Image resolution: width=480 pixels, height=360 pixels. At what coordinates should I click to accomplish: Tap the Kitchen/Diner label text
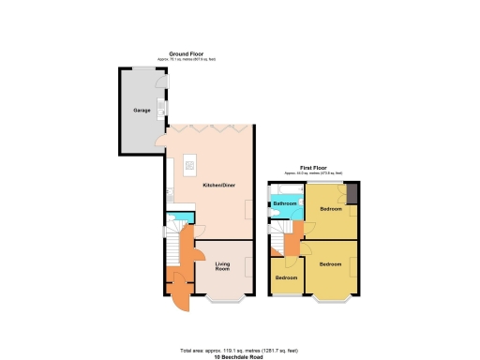click(218, 186)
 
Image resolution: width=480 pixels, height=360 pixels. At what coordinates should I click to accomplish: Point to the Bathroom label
click(285, 203)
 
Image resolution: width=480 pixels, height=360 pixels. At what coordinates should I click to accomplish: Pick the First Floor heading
click(314, 168)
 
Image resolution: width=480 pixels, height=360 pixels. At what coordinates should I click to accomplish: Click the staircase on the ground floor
click(172, 252)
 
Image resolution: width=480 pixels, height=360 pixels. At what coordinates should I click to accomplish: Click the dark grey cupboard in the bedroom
click(352, 192)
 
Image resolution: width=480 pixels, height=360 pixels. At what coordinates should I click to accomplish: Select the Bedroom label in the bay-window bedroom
click(330, 264)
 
